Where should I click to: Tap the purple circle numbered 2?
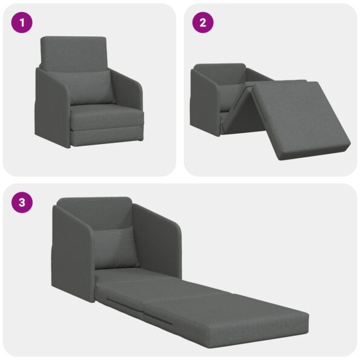pyautogui.click(x=203, y=23)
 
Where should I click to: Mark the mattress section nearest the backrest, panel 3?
pyautogui.click(x=130, y=280)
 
